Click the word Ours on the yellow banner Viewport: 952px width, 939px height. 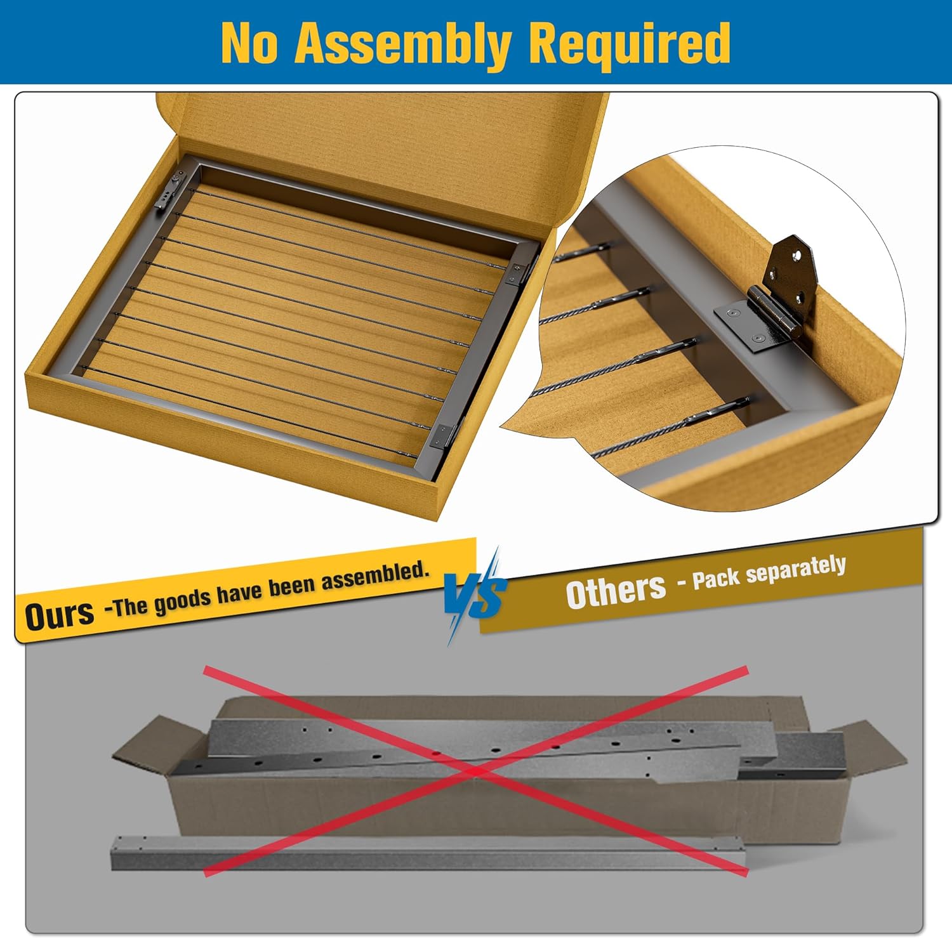click(59, 614)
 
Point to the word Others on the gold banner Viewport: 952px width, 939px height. click(616, 589)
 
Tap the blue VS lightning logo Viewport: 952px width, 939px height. click(475, 595)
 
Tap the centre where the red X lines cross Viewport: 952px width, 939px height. click(476, 770)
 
